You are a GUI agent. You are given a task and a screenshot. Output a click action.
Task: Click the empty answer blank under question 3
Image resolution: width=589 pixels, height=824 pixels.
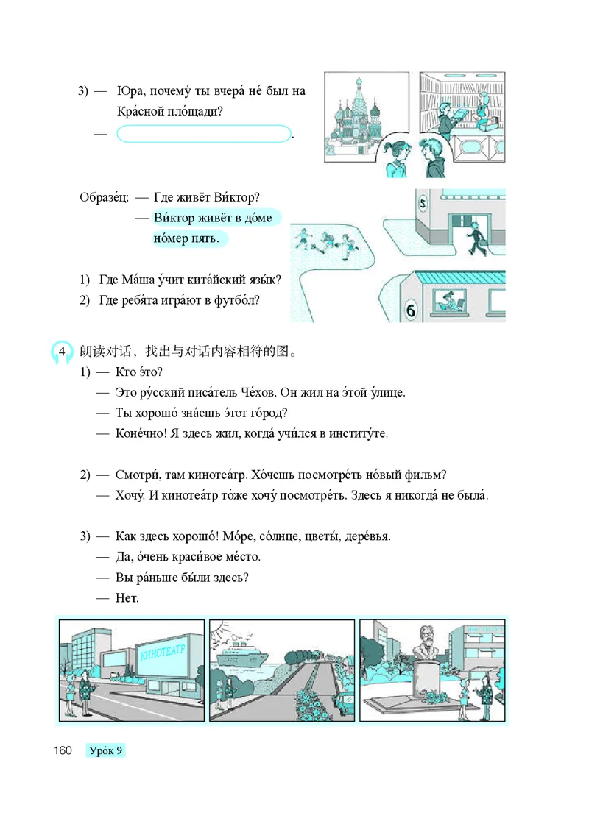pyautogui.click(x=204, y=134)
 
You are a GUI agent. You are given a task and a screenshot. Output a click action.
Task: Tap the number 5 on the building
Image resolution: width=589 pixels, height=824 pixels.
pyautogui.click(x=422, y=204)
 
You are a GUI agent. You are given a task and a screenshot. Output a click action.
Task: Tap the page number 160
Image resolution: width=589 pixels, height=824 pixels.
pyautogui.click(x=62, y=751)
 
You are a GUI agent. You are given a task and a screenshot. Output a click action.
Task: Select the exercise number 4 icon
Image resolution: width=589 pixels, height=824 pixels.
pyautogui.click(x=63, y=350)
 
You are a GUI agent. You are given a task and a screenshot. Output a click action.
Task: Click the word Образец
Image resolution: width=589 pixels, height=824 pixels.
pyautogui.click(x=104, y=198)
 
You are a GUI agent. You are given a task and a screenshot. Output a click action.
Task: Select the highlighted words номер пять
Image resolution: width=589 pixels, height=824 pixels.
pyautogui.click(x=187, y=238)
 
